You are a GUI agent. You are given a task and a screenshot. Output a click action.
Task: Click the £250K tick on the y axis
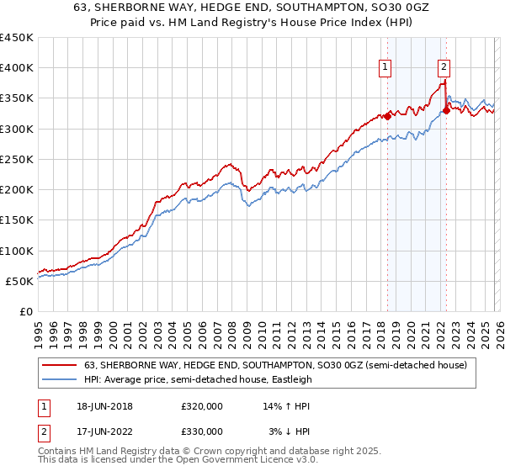(17, 159)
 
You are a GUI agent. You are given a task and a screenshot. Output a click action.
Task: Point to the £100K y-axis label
(17, 251)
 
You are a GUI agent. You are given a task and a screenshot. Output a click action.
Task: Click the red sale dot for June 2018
(387, 117)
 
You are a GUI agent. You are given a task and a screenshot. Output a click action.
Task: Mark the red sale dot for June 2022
(446, 111)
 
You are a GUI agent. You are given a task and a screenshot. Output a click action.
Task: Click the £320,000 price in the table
(202, 406)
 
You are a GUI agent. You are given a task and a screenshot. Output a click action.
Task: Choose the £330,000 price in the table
(202, 431)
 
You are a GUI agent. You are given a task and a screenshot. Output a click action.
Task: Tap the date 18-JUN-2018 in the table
(104, 406)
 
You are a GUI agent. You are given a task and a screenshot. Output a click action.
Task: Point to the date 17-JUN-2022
(104, 431)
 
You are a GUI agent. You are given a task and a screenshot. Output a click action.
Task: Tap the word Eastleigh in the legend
(298, 379)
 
